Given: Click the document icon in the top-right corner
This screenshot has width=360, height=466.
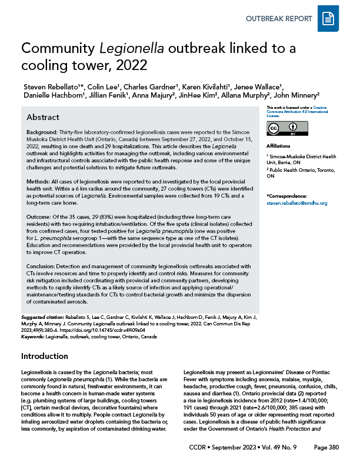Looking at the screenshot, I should pos(328,20).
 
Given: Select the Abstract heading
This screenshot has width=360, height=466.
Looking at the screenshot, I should pos(42,116).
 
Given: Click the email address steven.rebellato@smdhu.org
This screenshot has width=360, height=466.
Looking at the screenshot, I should pos(296,203).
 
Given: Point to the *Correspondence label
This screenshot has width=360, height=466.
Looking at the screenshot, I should pos(287,195).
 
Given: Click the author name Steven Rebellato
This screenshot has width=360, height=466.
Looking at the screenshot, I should pos(52,85).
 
